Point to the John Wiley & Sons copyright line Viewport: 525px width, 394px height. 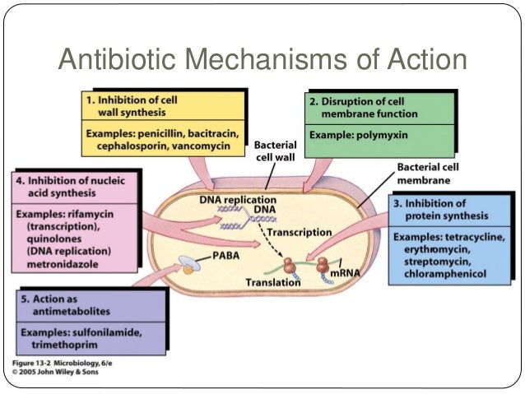[60, 371]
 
